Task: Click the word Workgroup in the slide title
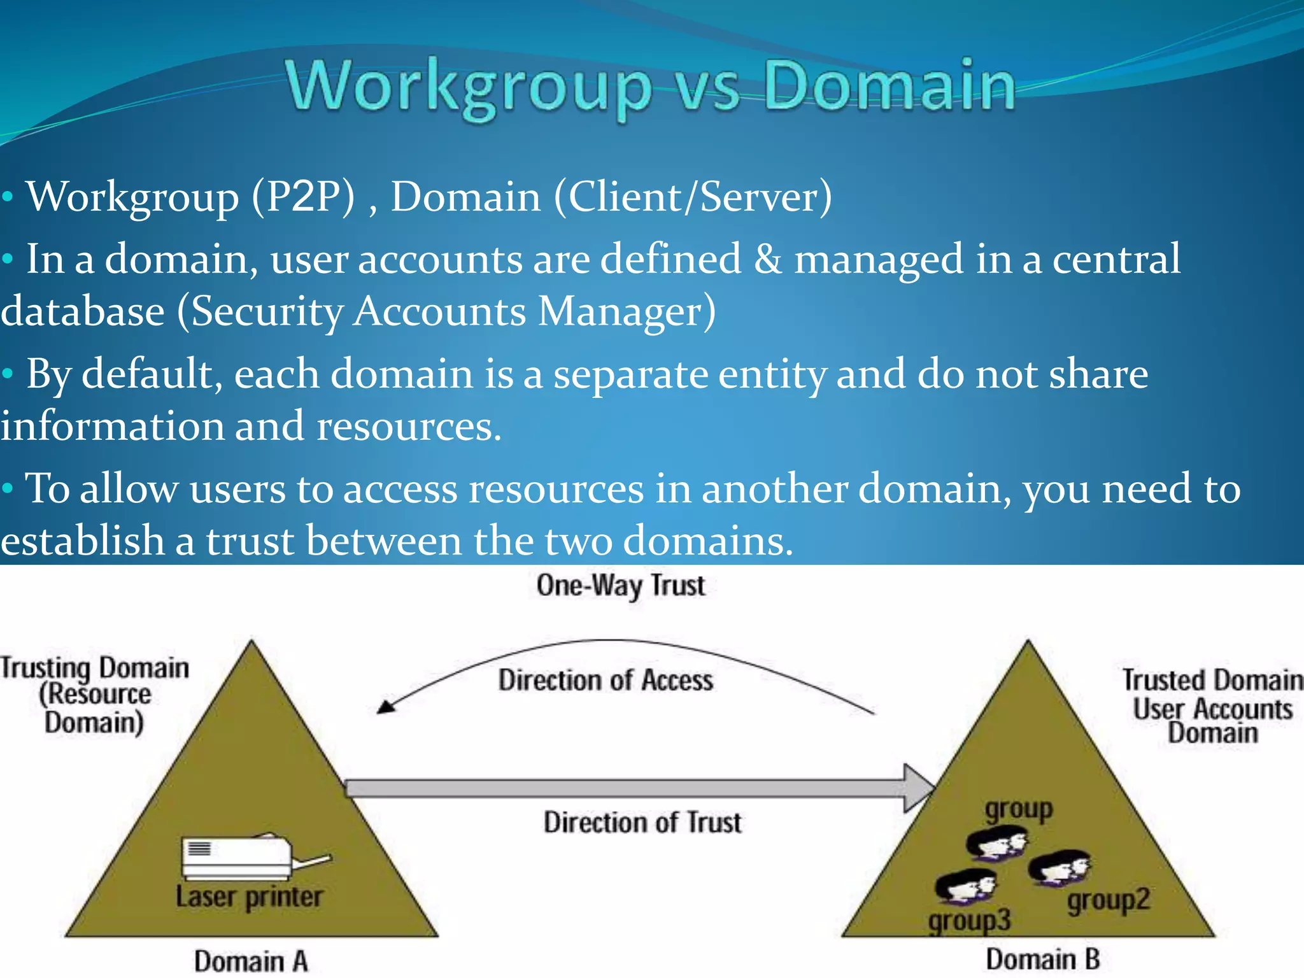468,86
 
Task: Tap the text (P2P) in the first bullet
303,197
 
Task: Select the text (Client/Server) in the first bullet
693,197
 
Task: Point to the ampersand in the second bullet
768,259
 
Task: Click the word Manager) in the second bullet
627,312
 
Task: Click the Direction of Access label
606,681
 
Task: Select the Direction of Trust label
642,822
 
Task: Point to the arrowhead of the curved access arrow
385,707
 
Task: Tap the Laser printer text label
249,897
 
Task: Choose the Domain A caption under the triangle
251,961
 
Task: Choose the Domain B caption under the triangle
1042,959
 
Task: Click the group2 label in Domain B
1109,900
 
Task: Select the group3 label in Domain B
968,921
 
